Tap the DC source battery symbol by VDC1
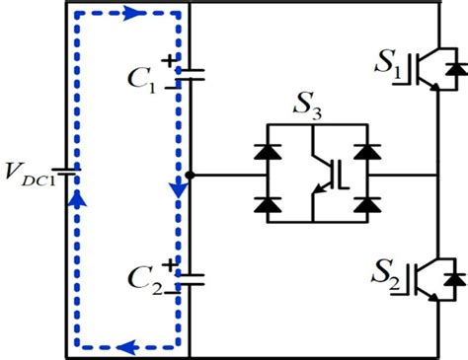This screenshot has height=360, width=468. (x=67, y=177)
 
